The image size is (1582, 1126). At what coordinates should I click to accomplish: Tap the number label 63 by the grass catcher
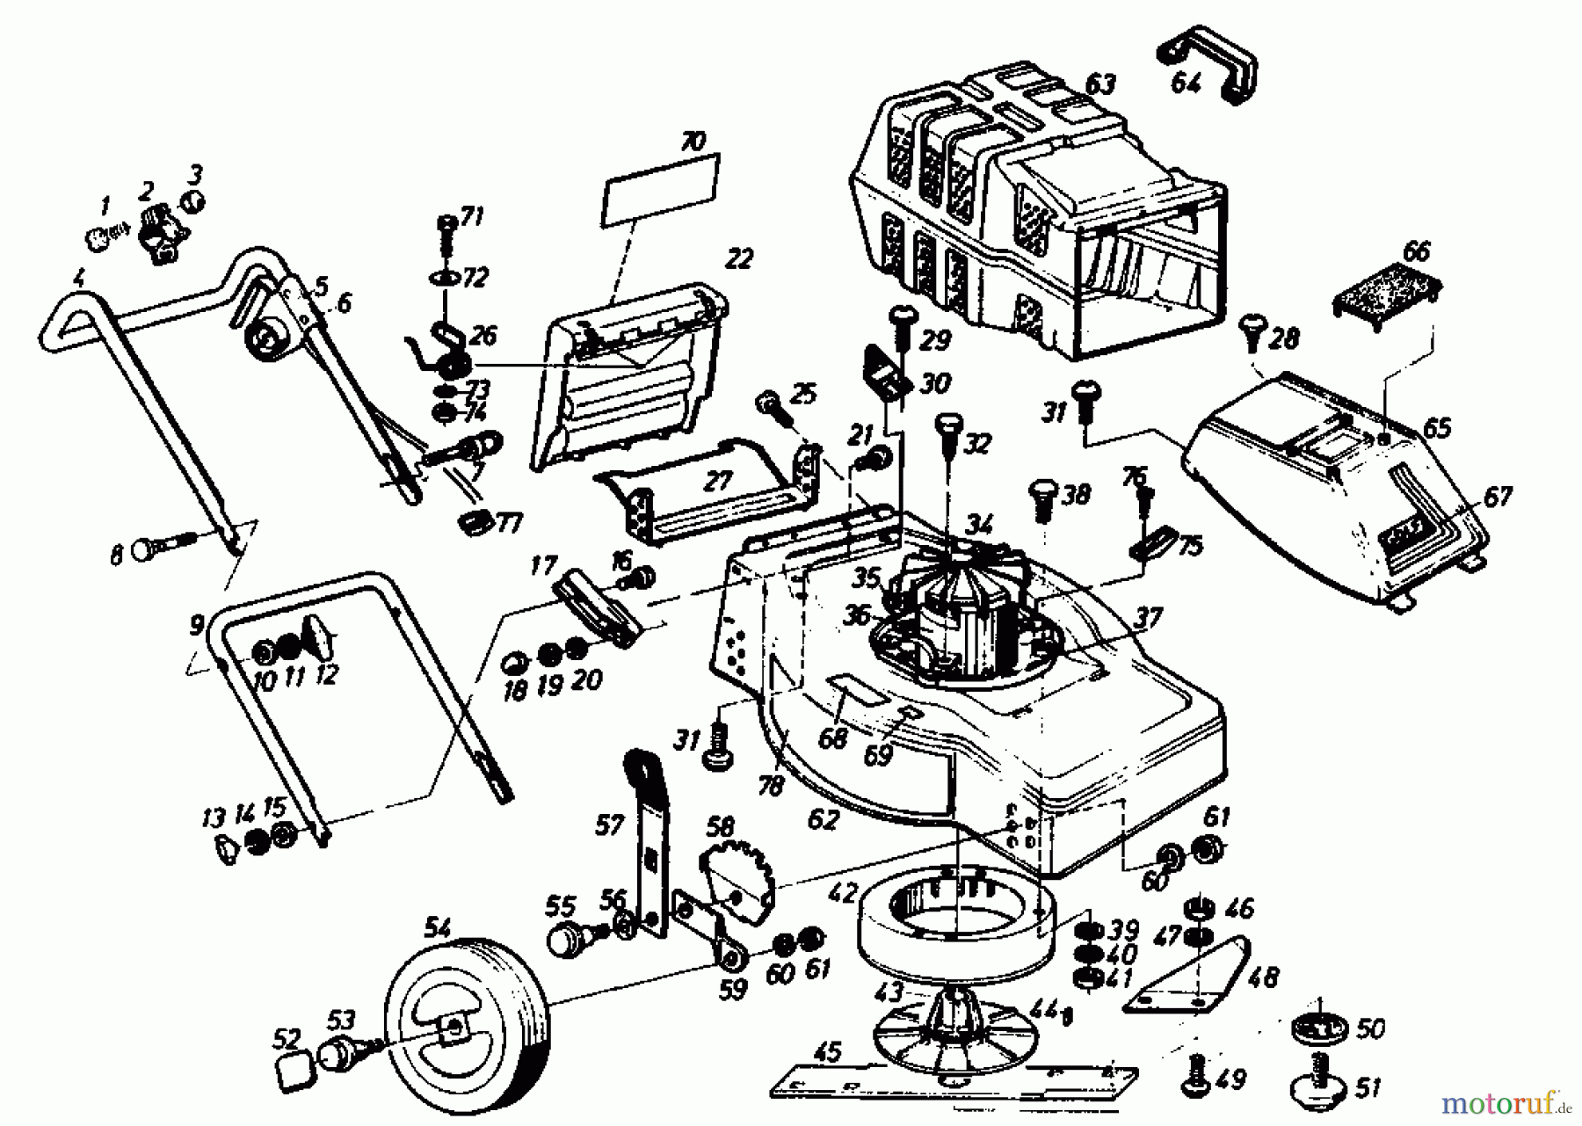coord(1099,84)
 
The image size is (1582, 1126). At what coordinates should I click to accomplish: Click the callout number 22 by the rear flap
coord(740,259)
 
